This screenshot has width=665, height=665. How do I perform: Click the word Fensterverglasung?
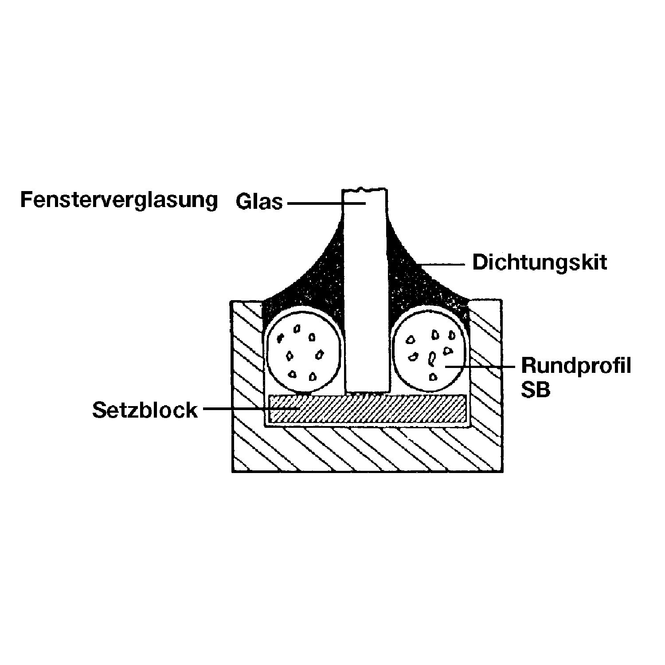tap(119, 200)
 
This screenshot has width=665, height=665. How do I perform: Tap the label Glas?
tap(259, 202)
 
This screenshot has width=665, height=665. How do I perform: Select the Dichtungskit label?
tap(540, 262)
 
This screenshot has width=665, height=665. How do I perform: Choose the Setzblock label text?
tap(145, 410)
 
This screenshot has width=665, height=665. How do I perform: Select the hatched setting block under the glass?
tap(368, 408)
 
